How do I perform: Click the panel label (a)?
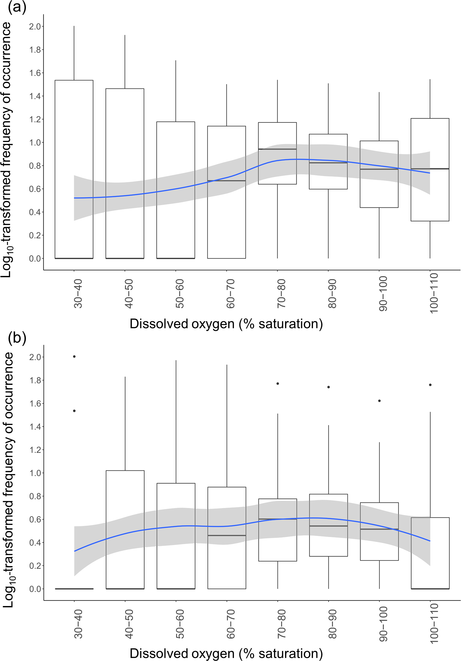[x=17, y=7]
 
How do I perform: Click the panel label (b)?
[x=17, y=337]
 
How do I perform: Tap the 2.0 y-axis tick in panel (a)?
[x=35, y=26]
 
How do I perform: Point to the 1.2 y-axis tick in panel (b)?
[x=35, y=450]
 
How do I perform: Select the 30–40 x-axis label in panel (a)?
[x=78, y=294]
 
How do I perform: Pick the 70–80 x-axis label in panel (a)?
[x=281, y=294]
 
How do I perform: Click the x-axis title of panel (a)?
[x=226, y=324]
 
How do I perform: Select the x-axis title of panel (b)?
[x=226, y=653]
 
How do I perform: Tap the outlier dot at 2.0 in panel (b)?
[x=74, y=357]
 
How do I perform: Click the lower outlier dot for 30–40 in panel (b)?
[x=74, y=411]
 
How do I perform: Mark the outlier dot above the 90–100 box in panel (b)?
[x=379, y=401]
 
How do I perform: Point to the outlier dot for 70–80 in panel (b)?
[x=278, y=383]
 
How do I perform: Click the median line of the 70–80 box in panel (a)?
[x=278, y=149]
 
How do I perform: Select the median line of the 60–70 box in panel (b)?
[x=227, y=535]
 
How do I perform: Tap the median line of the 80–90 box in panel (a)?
[x=328, y=163]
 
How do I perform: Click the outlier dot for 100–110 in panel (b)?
[x=430, y=385]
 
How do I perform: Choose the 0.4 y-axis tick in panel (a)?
[x=35, y=212]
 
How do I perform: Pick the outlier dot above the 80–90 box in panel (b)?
[x=328, y=387]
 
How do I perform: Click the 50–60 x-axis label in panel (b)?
[x=180, y=624]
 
